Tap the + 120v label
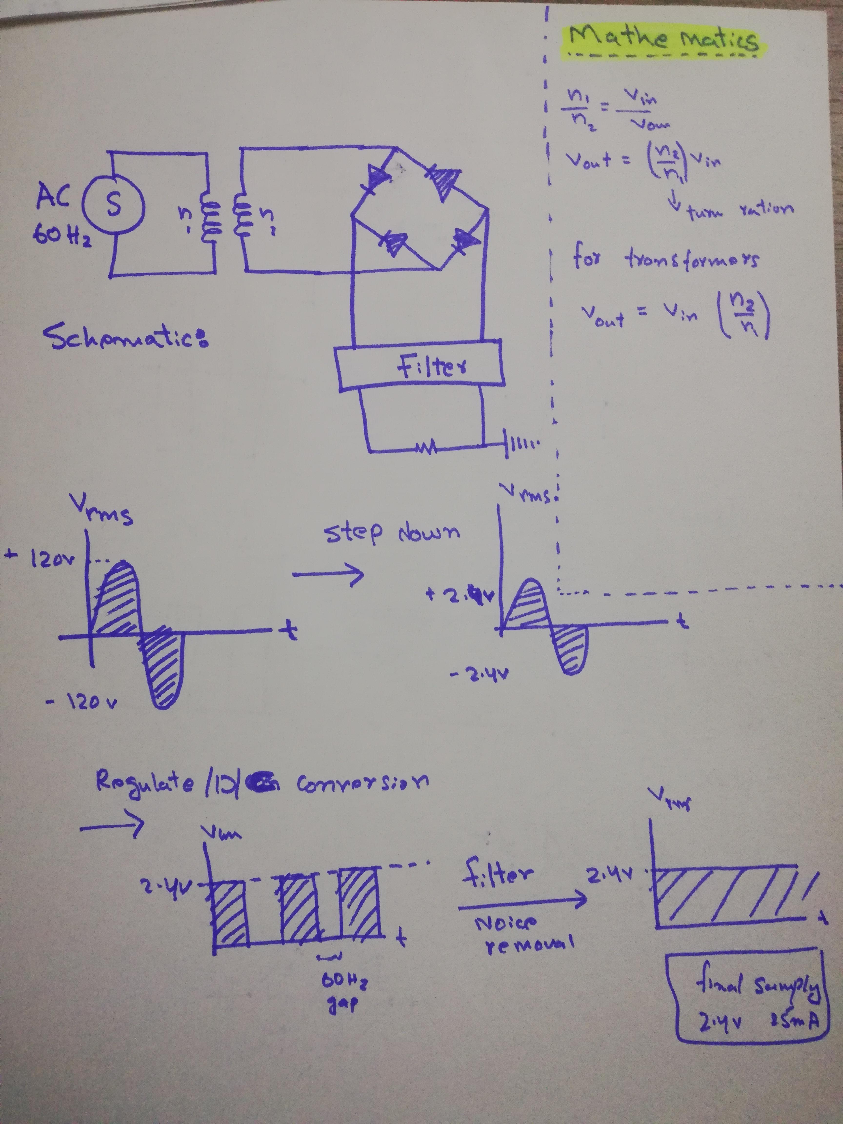(x=41, y=560)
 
